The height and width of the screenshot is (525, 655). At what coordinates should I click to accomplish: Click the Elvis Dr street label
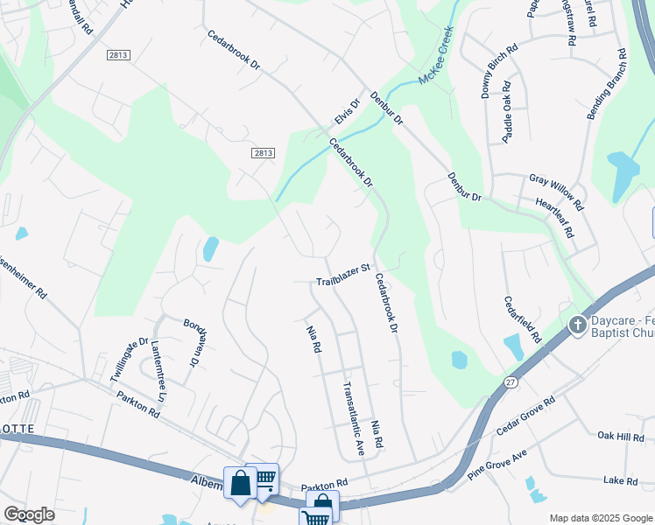[x=348, y=111]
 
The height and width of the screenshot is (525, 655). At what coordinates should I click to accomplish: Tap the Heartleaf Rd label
[x=554, y=217]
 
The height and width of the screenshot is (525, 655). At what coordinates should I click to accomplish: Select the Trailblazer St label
[x=344, y=281]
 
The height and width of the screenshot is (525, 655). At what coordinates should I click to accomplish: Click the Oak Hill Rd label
[x=620, y=436]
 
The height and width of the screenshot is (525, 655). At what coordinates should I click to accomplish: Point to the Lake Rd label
[x=620, y=480]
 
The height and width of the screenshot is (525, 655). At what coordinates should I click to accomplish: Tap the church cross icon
[x=577, y=325]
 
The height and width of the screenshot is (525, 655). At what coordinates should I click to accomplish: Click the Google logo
[x=30, y=514]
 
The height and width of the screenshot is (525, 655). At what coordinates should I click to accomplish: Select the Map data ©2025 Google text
[x=600, y=518]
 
